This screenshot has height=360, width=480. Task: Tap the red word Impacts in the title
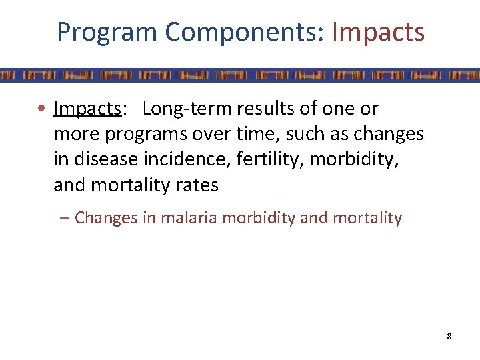coord(377,31)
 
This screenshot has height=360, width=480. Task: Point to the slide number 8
coord(449,336)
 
